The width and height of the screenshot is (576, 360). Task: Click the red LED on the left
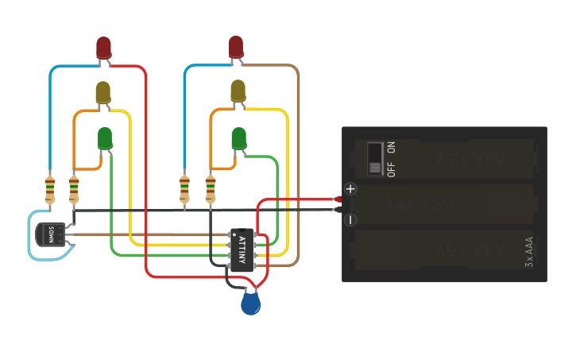tap(104, 48)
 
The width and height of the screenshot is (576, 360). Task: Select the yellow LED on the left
tap(103, 92)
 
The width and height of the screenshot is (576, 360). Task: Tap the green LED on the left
tap(105, 138)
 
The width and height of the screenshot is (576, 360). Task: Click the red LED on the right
tap(236, 46)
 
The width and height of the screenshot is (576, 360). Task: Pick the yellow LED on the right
tap(238, 91)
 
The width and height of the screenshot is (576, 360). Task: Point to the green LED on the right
tap(238, 138)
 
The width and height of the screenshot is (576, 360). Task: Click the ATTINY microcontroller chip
tap(242, 250)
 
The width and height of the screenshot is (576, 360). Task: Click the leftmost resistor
tap(50, 191)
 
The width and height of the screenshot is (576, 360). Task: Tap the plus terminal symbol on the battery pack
tap(350, 189)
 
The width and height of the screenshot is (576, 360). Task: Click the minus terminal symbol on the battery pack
tap(350, 220)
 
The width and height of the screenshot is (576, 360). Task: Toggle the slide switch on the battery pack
tap(375, 157)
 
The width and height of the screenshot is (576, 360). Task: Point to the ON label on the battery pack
tap(391, 148)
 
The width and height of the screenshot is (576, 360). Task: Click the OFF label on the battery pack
tap(391, 168)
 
